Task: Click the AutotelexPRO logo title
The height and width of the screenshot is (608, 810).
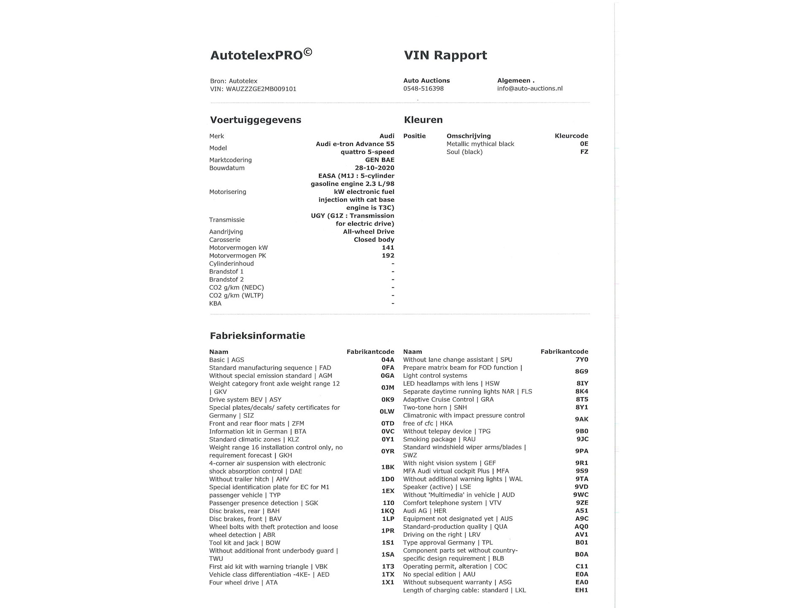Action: click(x=261, y=55)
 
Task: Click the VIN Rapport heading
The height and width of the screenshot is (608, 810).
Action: click(x=445, y=55)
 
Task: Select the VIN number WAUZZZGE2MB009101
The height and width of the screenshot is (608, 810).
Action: click(x=261, y=89)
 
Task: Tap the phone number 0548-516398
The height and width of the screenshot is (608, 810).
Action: click(x=423, y=89)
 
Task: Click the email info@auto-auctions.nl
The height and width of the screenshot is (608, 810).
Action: click(x=529, y=89)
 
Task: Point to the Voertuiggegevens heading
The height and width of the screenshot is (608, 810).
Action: click(x=255, y=120)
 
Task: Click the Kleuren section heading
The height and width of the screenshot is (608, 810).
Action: click(x=423, y=120)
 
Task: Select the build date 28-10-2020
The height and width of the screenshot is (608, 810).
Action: click(x=374, y=168)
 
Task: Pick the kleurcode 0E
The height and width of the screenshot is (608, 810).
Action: click(x=583, y=144)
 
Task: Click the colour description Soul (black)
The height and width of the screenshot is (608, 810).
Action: click(x=464, y=152)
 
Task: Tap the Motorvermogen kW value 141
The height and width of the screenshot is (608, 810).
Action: click(x=388, y=248)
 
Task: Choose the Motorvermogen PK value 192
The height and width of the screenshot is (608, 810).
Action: click(x=388, y=256)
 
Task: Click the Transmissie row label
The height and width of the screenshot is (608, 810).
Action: click(x=227, y=220)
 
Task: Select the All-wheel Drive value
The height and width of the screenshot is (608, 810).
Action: click(x=368, y=232)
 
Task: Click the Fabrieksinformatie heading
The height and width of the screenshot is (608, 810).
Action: click(x=257, y=336)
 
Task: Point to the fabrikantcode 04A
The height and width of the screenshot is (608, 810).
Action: click(x=387, y=360)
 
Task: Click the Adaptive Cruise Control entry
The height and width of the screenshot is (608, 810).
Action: click(x=448, y=399)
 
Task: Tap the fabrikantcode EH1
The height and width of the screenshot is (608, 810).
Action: click(x=581, y=590)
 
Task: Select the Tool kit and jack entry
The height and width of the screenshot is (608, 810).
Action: click(x=244, y=543)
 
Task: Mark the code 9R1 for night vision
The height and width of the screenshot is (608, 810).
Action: click(x=581, y=463)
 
